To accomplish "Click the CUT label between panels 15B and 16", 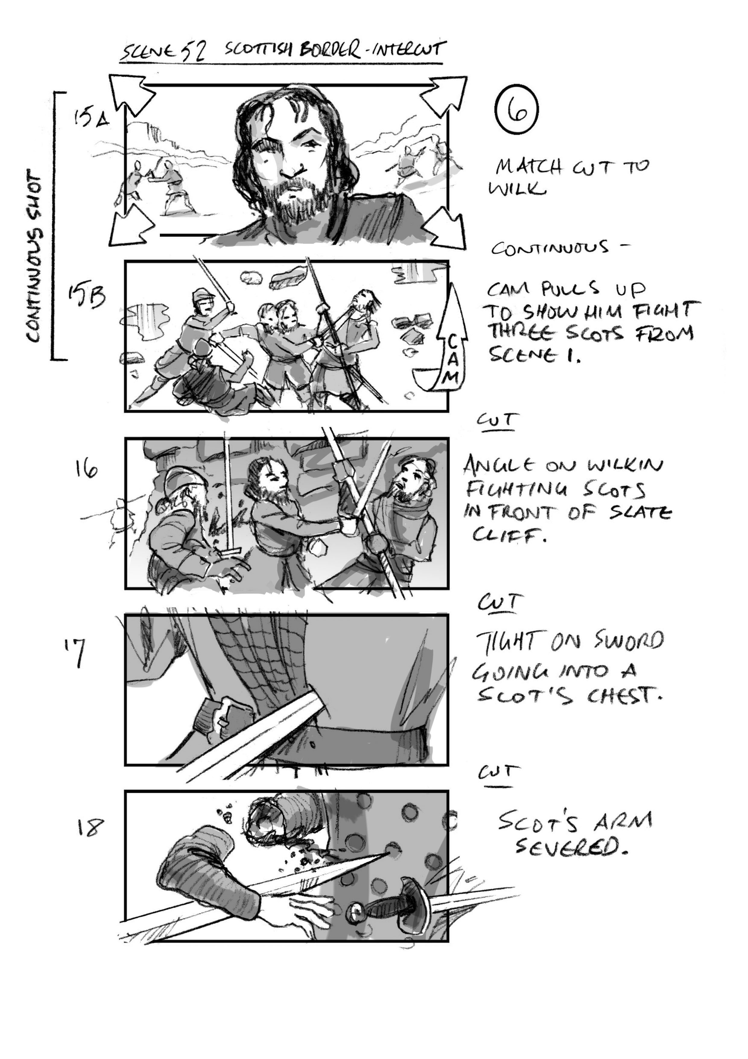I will click(496, 420).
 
